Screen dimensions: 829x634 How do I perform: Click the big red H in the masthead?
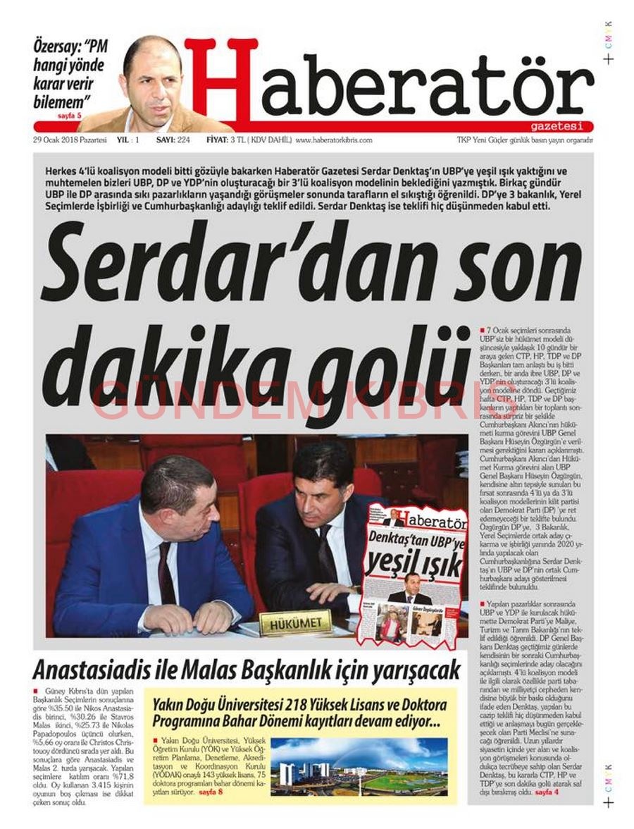click(x=220, y=79)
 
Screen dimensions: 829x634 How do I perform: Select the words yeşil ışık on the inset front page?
click(x=414, y=564)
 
